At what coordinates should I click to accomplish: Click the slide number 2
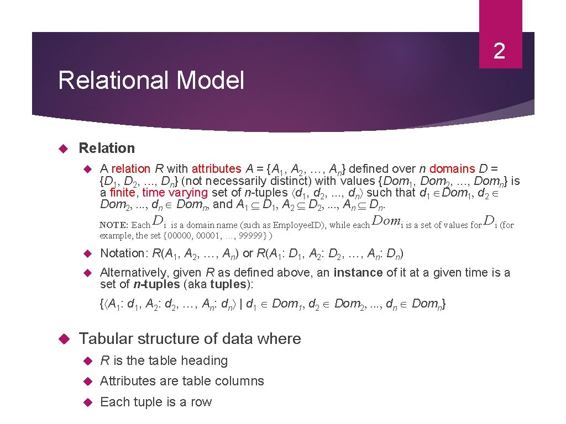(499, 51)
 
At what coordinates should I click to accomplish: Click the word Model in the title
(211, 81)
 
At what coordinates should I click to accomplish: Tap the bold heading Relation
(107, 148)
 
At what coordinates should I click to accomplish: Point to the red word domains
(452, 169)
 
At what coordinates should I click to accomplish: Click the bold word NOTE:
(114, 225)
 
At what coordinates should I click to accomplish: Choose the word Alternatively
(133, 273)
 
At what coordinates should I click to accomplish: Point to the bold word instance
(358, 273)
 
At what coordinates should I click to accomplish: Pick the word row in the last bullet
(201, 402)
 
